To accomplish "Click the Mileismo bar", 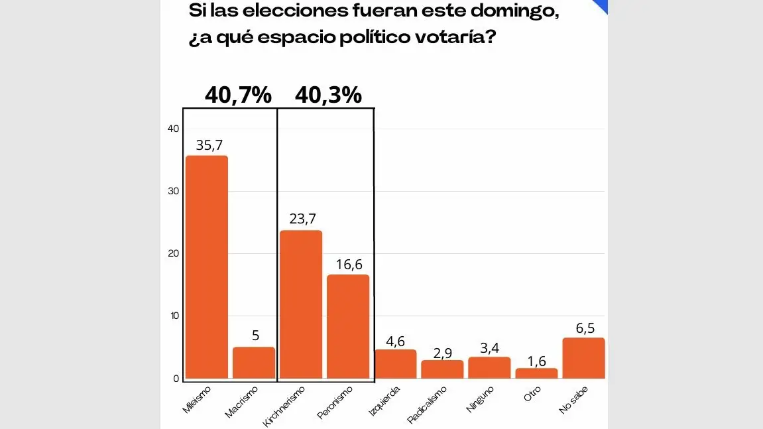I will (x=207, y=267).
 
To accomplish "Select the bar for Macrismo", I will (x=254, y=363).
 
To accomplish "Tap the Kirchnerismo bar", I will (x=301, y=304).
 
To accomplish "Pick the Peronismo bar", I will (x=348, y=326).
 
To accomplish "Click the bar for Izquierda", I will (x=396, y=364).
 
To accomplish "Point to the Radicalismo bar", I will (x=442, y=369).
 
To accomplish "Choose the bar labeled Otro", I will (x=536, y=373).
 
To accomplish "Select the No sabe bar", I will (x=583, y=358).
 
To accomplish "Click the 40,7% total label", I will (x=238, y=95).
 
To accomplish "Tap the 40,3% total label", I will (x=328, y=95).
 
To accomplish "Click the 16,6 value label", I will (x=349, y=265).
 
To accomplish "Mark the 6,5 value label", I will (x=584, y=328).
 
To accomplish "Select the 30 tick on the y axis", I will (x=174, y=192).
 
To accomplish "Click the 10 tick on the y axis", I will (x=174, y=316).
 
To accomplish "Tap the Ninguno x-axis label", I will (x=481, y=399).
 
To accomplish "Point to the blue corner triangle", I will (x=601, y=5).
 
